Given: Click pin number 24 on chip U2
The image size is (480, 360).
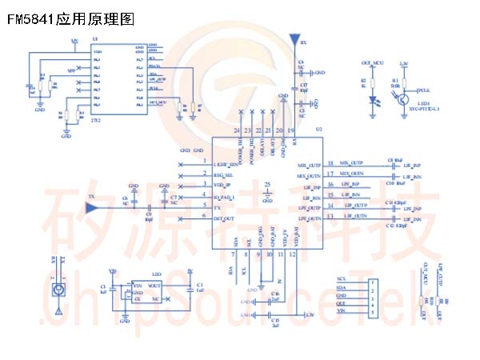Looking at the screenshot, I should [x=237, y=130].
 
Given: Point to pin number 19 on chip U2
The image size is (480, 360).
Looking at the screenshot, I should [x=292, y=130].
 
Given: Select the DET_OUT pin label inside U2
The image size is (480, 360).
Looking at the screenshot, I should [x=224, y=218].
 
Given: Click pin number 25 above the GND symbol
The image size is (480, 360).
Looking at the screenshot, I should [x=268, y=186].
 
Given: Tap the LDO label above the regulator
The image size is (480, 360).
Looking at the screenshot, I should [x=157, y=273].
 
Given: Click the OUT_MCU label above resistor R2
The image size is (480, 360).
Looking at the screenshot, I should [x=372, y=61].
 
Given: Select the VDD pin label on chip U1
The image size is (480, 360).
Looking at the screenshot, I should [x=98, y=51].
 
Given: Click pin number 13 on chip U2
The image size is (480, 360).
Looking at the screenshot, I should [x=330, y=218].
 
